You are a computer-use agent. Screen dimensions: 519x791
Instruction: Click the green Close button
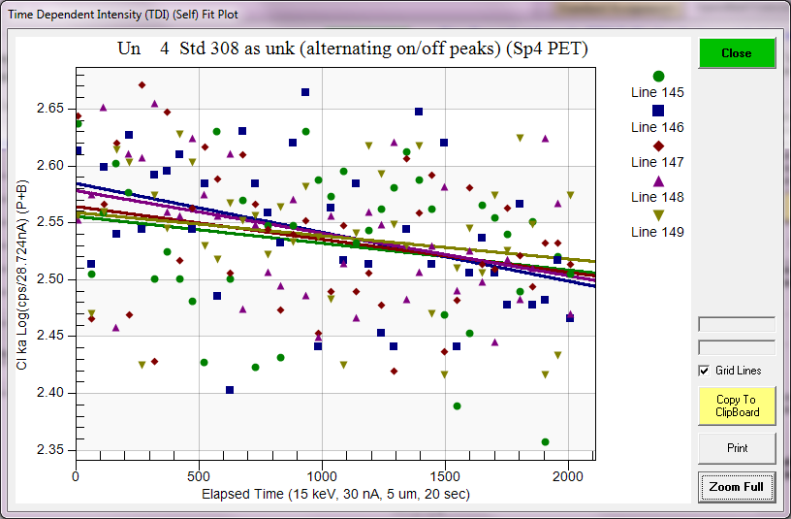[737, 53]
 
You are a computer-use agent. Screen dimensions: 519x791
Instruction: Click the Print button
[737, 448]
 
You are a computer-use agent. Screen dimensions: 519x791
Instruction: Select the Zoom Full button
[737, 486]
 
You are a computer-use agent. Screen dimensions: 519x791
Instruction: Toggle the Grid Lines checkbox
[704, 371]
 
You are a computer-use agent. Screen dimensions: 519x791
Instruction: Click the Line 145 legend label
[657, 93]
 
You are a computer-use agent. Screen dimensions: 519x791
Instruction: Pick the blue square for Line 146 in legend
[658, 111]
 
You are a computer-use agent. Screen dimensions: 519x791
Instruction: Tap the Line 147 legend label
[657, 162]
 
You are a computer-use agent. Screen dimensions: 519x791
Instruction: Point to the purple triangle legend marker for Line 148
[658, 180]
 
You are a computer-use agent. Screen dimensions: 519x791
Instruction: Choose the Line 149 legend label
[657, 232]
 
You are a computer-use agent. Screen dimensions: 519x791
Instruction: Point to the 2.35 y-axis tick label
[55, 450]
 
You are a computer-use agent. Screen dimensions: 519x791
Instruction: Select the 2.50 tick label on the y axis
[55, 279]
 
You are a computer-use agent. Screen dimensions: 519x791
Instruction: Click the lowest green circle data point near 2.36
[545, 442]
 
